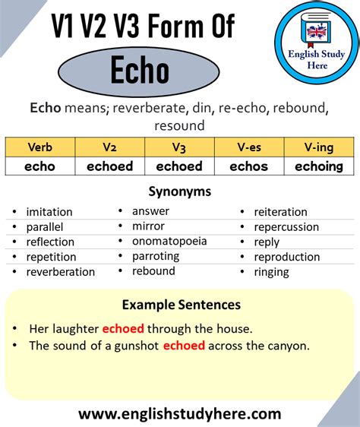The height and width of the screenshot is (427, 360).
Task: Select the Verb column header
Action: click(39, 147)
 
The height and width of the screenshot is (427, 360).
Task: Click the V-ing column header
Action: click(318, 147)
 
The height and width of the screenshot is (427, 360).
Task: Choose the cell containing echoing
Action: click(318, 166)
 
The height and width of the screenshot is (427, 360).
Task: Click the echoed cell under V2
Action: click(109, 166)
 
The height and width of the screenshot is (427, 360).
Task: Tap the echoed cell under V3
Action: click(179, 166)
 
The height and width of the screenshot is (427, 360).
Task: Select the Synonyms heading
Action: click(179, 192)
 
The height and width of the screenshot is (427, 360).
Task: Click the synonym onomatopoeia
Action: click(169, 241)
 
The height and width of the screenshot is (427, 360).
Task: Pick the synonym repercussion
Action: click(286, 226)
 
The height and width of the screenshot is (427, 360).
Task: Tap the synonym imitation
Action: click(49, 212)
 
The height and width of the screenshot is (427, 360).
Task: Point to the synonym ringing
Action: click(271, 271)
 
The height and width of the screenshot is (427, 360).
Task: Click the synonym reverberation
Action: click(61, 271)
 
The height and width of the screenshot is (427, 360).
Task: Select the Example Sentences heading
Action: click(181, 305)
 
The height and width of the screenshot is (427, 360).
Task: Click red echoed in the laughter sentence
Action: click(122, 329)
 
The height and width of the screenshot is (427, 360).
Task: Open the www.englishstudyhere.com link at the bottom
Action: click(180, 413)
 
